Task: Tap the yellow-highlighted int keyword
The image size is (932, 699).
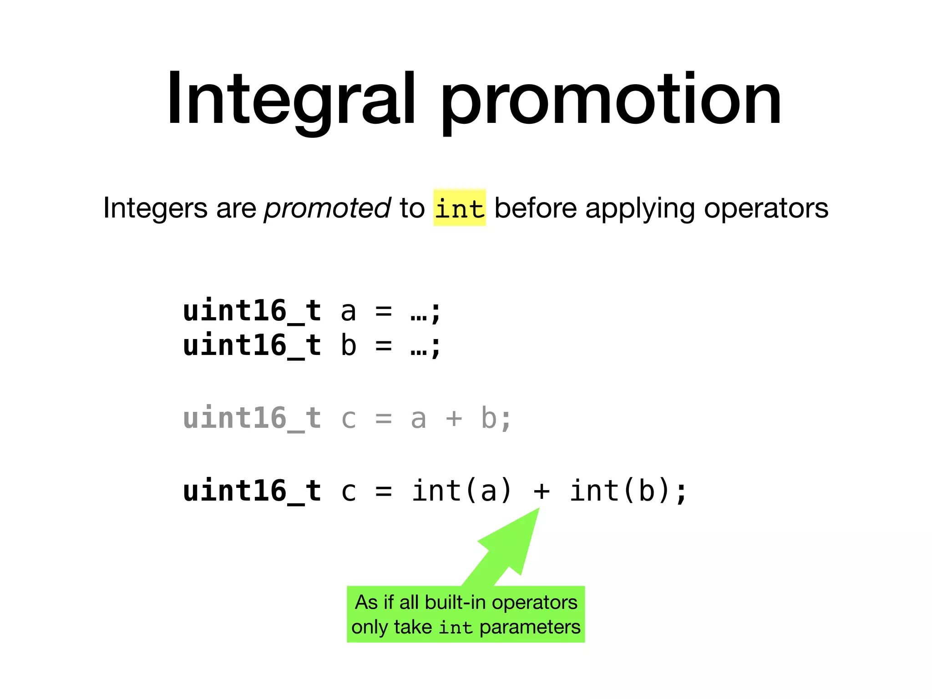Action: (x=459, y=208)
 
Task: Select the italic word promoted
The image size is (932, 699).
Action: (x=327, y=208)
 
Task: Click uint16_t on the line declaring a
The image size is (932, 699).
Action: (x=252, y=311)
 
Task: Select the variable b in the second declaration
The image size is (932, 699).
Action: (x=349, y=345)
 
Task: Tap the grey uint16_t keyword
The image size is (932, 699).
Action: (x=252, y=418)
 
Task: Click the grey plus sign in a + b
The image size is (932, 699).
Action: (x=454, y=419)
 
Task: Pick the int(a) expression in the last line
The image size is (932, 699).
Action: (x=462, y=491)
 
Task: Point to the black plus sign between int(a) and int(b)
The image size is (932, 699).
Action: (x=541, y=491)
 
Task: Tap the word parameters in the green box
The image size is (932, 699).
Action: (x=530, y=627)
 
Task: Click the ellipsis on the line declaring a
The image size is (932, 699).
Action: (x=418, y=314)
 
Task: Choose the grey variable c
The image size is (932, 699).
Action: (x=349, y=419)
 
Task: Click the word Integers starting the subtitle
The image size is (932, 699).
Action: (x=155, y=208)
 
